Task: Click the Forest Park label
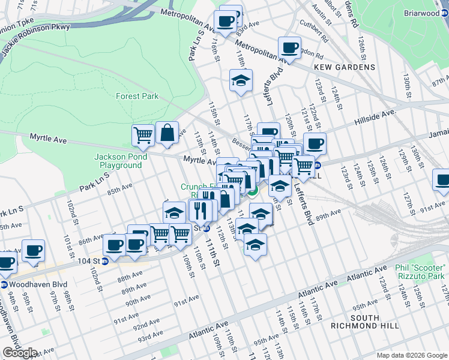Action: coord(137,96)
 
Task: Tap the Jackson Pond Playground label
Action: coord(117,161)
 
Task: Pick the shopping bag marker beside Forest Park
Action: coord(167,133)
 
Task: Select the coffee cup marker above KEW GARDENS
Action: coord(289,48)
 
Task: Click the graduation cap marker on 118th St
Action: coord(241,81)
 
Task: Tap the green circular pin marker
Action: coord(253,191)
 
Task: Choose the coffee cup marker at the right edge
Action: coord(442,180)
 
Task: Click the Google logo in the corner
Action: coord(20,353)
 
